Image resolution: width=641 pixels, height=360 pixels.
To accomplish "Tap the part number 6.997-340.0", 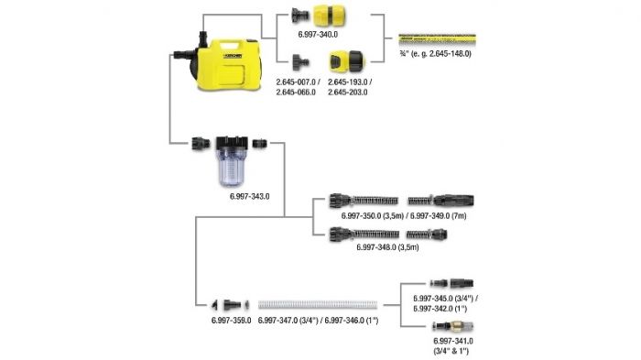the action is coord(318,35).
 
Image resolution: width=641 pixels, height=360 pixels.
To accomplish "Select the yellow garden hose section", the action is coord(437,39).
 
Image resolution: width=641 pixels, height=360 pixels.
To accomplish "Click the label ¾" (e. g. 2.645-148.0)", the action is coord(436,54).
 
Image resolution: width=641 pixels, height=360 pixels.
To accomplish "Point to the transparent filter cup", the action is coord(233,167).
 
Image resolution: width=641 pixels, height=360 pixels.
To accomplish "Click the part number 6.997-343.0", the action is coord(249,196).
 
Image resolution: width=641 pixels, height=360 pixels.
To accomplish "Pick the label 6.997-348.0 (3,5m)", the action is coord(387,247).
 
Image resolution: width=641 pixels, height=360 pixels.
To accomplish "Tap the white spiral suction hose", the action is coord(318,305).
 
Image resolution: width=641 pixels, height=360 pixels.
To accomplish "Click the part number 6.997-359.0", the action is coord(231,321).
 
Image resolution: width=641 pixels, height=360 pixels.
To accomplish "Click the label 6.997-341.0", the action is coord(453,341).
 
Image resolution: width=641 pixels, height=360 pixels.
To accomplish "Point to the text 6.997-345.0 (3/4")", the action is coord(446,299).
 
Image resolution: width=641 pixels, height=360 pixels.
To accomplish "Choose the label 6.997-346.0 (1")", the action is coord(352,321).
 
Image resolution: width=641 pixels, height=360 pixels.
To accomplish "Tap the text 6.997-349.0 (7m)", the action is coord(439,215).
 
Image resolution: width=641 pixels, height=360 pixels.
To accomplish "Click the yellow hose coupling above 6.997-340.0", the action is coord(325,16).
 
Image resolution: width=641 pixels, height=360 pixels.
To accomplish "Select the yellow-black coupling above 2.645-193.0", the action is coord(346,61).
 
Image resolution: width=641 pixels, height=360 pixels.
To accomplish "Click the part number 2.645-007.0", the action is coord(296,82).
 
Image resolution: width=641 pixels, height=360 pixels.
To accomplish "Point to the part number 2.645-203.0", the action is coord(347,93).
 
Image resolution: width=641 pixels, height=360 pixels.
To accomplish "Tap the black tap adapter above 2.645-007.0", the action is coord(300,62).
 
